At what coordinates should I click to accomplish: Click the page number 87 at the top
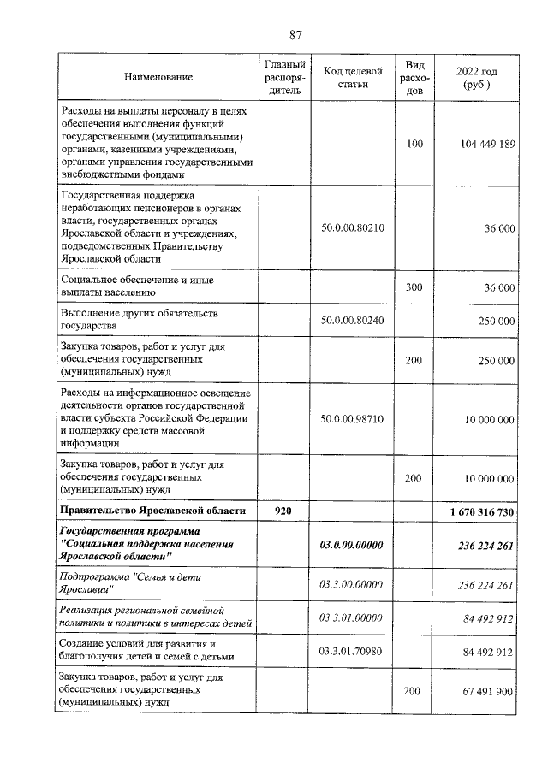point(295,35)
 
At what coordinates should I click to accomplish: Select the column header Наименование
point(158,77)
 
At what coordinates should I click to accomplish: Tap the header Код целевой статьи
point(351,77)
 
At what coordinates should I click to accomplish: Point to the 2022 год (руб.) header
point(476,77)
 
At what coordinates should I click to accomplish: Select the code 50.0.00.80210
point(351,228)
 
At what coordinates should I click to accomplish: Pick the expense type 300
point(414,287)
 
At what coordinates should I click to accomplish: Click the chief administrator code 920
point(283,511)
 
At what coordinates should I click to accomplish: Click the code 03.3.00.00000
point(351,585)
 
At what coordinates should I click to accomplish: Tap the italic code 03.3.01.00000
point(351,617)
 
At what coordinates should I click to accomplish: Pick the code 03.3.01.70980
point(351,651)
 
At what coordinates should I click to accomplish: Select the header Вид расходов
point(414,77)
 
